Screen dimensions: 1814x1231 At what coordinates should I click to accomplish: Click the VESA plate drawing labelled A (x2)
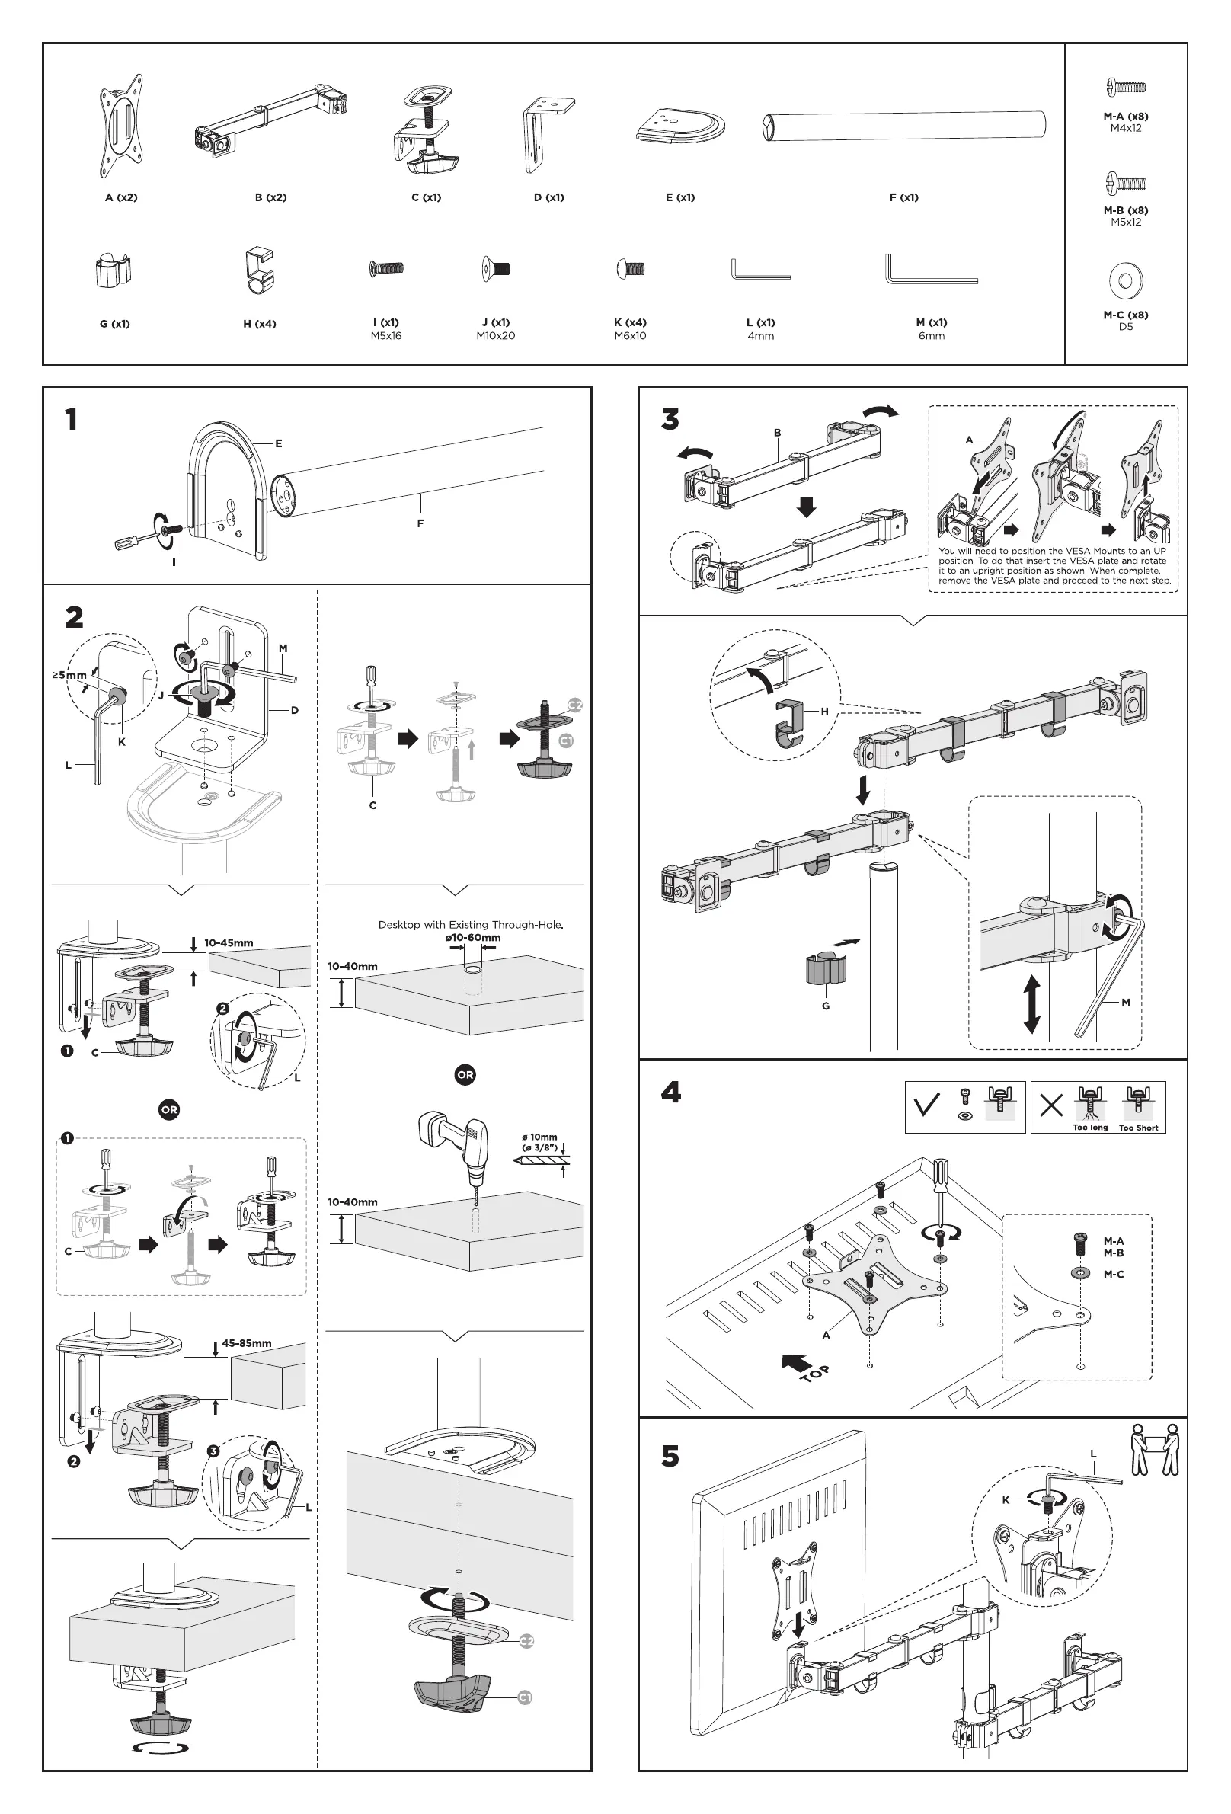pos(121,127)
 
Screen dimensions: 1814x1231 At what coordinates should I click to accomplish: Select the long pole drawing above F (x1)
pos(903,126)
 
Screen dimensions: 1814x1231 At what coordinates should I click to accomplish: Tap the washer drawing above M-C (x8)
pos(1126,280)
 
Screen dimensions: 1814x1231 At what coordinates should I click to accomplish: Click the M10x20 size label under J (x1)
pos(496,337)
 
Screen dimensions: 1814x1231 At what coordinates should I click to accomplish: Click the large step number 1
pos(71,420)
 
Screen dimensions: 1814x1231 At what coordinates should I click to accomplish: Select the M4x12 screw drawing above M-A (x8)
pos(1126,87)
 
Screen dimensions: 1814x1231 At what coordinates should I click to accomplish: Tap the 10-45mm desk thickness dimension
pos(229,943)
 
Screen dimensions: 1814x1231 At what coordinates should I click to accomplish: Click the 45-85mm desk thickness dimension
pos(247,1343)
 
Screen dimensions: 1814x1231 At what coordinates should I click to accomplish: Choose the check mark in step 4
pos(927,1106)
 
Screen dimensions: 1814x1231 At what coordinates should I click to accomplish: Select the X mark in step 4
pos(1051,1106)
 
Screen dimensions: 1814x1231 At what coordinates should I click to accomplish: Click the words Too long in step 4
pos(1090,1128)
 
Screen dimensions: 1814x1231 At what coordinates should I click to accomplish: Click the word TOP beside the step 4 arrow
pos(815,1373)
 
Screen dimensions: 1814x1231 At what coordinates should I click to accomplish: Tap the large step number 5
pos(670,1457)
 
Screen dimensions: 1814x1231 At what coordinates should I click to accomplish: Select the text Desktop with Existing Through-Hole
pos(471,925)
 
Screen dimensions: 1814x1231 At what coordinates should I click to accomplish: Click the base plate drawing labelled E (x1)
pos(681,126)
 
